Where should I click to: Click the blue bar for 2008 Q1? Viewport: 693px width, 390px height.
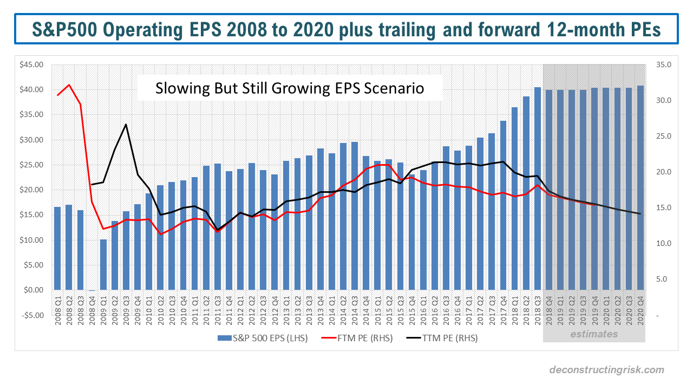57,249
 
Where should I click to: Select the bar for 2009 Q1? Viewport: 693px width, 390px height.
103,265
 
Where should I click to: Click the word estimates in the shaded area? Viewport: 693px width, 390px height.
593,334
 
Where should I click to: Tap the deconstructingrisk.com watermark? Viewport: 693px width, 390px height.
606,370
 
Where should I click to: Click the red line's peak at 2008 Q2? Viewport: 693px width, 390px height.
69,84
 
